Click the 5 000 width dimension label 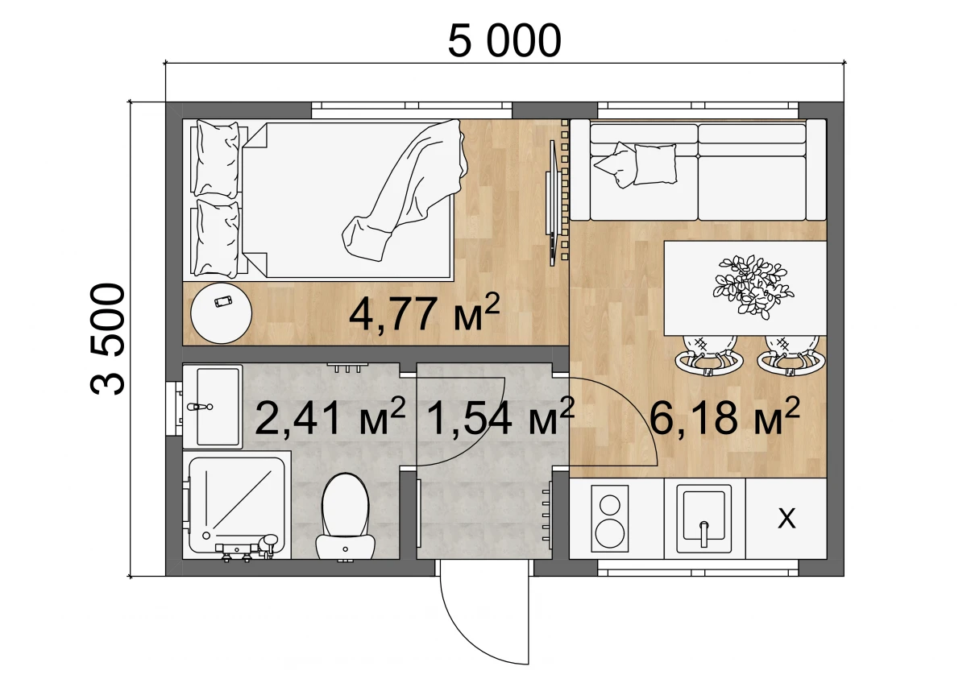tap(504, 41)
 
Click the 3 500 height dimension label tap(107, 339)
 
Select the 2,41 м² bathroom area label tap(330, 416)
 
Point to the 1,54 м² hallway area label tap(500, 416)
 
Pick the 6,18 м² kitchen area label tap(724, 416)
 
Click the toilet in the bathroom tap(345, 517)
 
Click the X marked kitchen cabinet tap(786, 519)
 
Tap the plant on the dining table tap(753, 286)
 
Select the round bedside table tap(222, 313)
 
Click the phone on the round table tap(223, 300)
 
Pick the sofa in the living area tap(698, 170)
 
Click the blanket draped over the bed tap(405, 190)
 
